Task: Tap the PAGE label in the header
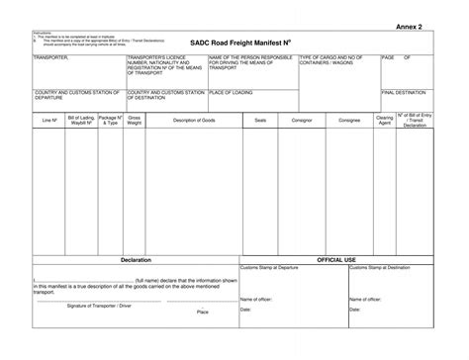(x=388, y=58)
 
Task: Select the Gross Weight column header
(x=135, y=120)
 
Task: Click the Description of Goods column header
(x=193, y=120)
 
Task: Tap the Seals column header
(x=260, y=120)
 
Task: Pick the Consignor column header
(x=301, y=120)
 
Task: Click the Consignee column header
(x=349, y=120)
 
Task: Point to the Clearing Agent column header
(x=385, y=120)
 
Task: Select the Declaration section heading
(x=136, y=259)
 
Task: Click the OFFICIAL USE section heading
(x=336, y=259)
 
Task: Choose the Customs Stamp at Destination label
(x=381, y=267)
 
